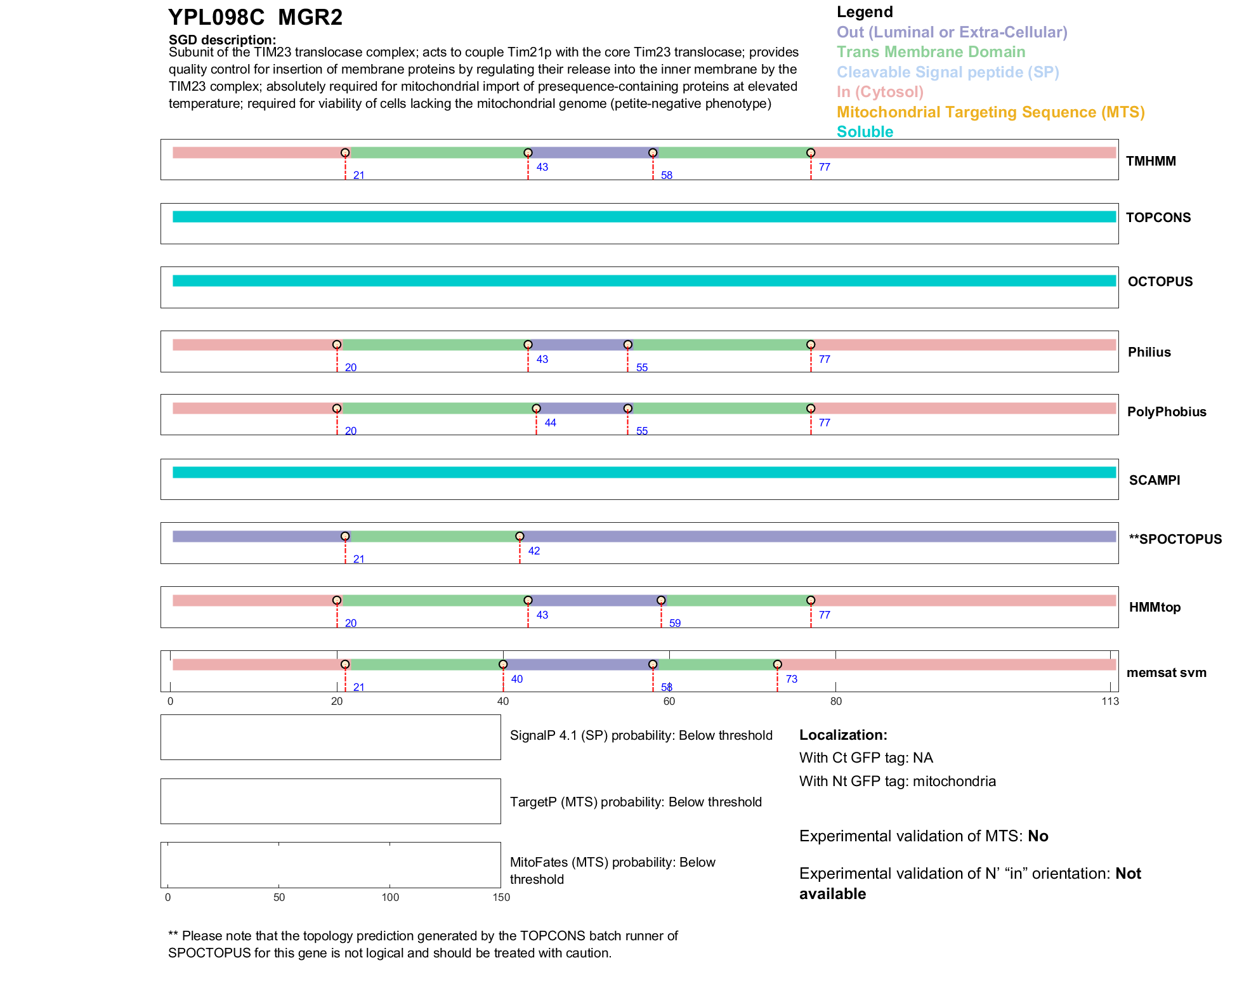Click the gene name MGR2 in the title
pos(310,18)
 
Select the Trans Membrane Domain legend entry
pos(931,52)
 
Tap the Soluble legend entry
pos(865,132)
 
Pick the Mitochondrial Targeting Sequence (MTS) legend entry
pos(990,112)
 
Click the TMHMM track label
pos(1151,161)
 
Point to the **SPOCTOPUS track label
pos(1175,539)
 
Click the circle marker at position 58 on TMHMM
pos(653,153)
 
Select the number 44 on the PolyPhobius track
pos(550,423)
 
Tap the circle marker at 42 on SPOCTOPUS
pos(520,537)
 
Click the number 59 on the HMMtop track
pos(675,623)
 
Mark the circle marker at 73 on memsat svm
pos(777,664)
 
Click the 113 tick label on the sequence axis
pos(1110,701)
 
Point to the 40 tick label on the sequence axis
pos(503,701)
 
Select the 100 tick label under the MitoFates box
pos(390,897)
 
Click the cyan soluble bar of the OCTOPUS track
pos(644,280)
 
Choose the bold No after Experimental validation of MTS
pos(1038,836)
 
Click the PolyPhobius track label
pos(1167,412)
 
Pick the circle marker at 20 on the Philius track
pos(337,345)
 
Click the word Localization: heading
pos(843,735)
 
